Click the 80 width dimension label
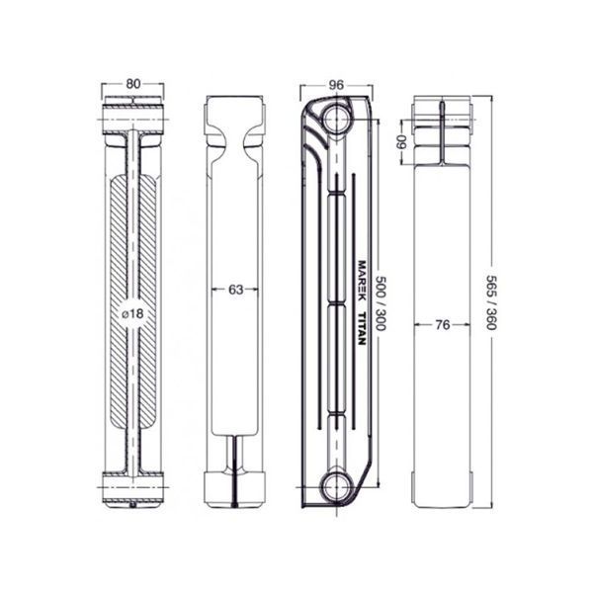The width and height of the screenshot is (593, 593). click(x=133, y=84)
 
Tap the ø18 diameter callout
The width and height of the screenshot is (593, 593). click(x=133, y=313)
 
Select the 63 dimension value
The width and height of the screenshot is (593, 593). click(x=235, y=290)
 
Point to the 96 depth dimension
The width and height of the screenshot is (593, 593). click(x=336, y=85)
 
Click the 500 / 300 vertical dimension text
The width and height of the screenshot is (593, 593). click(x=381, y=303)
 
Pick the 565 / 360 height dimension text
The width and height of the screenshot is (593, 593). click(x=491, y=302)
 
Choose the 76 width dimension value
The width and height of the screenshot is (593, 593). click(x=443, y=324)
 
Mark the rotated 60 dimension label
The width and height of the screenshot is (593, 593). click(x=400, y=142)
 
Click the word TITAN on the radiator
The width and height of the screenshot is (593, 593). click(x=362, y=329)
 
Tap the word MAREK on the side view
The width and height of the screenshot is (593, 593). click(x=362, y=281)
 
